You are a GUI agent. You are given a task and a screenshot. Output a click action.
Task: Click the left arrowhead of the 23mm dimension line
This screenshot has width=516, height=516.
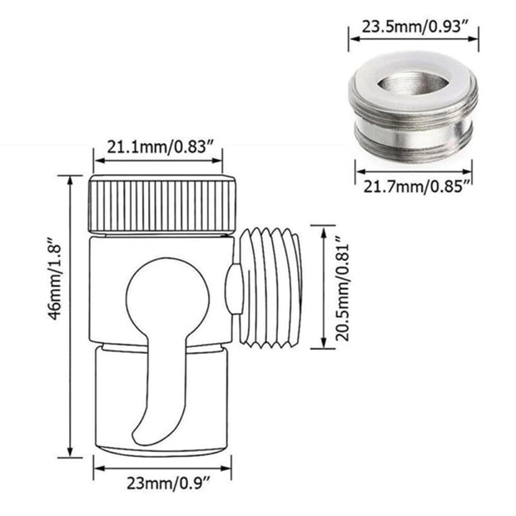click(x=97, y=469)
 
